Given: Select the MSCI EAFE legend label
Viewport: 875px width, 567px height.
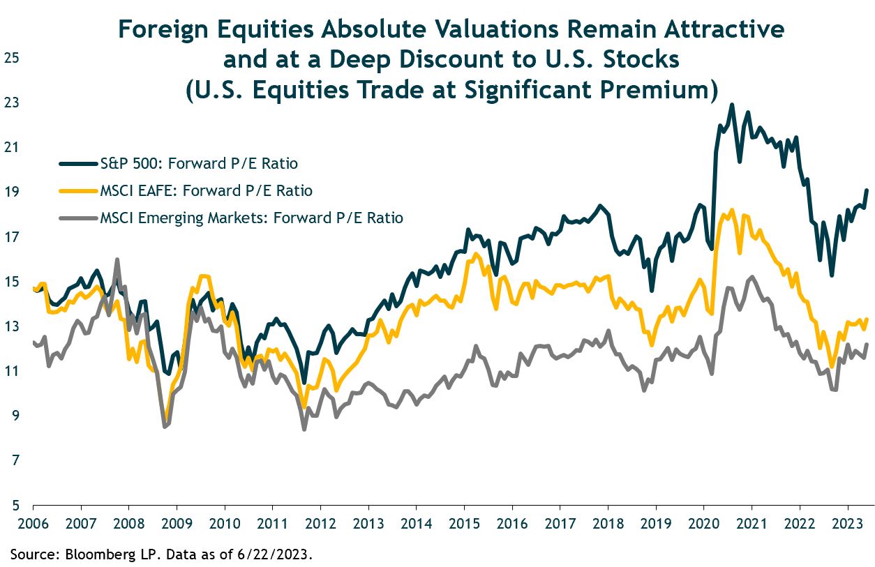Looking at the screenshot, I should pyautogui.click(x=207, y=191).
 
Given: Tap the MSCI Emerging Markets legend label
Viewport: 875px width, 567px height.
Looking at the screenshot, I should pyautogui.click(x=252, y=218).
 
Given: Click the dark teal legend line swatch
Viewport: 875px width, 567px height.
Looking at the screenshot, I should pyautogui.click(x=77, y=164).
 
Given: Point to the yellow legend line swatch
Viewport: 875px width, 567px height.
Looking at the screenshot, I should pyautogui.click(x=77, y=190).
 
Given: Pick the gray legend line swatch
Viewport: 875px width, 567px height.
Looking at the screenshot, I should pyautogui.click(x=77, y=218).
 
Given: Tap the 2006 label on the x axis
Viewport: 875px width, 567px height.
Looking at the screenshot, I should pyautogui.click(x=33, y=522).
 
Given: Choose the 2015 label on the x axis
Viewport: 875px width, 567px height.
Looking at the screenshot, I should pyautogui.click(x=464, y=522).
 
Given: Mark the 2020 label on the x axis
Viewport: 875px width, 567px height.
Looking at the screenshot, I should pyautogui.click(x=703, y=522).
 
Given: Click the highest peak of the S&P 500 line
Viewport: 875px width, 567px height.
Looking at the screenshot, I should pyautogui.click(x=731, y=105).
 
